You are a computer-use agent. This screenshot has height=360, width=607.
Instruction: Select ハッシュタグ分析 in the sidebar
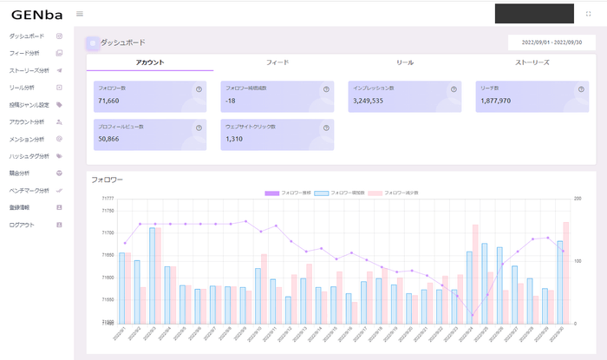29,156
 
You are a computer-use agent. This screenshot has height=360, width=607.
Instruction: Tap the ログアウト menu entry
22,225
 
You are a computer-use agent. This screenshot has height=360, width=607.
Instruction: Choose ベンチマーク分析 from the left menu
29,190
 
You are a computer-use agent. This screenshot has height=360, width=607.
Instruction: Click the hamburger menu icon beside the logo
80,14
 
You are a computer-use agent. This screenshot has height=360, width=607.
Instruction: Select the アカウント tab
150,62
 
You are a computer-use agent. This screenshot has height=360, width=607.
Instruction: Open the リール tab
404,62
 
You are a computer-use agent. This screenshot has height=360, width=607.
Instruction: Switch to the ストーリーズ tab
532,62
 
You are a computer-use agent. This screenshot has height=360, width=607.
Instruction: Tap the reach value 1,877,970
495,101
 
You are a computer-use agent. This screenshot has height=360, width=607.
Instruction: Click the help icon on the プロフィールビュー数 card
199,128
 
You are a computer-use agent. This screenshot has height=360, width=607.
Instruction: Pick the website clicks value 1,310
234,139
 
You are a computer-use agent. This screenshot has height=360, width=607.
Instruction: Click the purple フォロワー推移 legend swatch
271,192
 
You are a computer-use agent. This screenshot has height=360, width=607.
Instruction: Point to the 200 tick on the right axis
577,200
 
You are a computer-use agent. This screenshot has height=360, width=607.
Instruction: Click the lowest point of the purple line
473,315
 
